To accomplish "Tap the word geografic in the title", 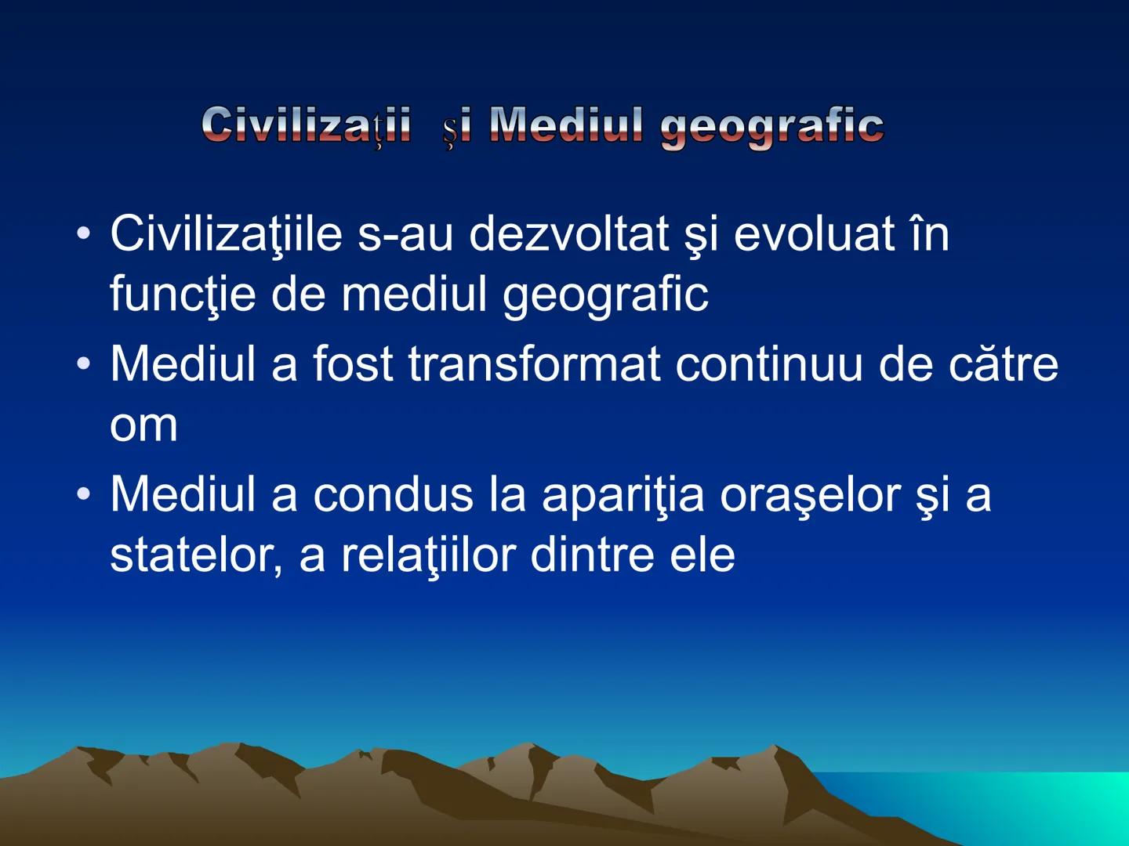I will point(772,127).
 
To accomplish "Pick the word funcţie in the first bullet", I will point(183,295).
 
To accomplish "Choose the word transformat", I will point(534,364).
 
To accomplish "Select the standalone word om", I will point(143,425).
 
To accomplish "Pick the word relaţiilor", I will point(427,555).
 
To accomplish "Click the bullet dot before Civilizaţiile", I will point(84,234).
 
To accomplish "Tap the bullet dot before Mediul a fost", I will point(84,365).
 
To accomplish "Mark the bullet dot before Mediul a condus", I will point(84,496).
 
